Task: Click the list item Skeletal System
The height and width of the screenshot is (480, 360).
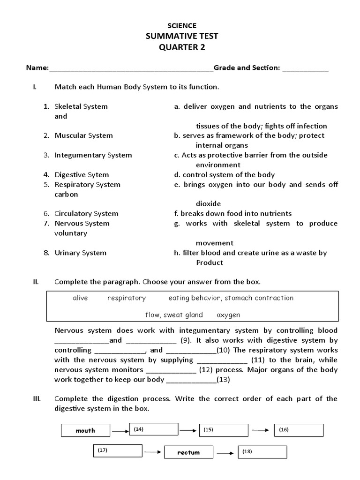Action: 81,106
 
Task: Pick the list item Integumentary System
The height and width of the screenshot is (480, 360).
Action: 93,155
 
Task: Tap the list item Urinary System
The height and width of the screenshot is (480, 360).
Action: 80,253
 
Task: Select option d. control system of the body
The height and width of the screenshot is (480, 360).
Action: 224,175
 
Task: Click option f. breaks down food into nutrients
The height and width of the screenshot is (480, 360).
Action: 232,214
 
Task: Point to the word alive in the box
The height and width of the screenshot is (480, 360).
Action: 80,298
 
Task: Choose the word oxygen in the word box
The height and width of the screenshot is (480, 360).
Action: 228,315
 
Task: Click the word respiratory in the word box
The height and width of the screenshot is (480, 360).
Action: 127,298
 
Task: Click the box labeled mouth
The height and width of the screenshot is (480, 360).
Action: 85,430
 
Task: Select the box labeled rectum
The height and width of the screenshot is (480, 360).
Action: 188,452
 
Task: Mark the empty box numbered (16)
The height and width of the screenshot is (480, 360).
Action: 299,430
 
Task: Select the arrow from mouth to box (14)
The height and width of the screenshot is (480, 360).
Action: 120,430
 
